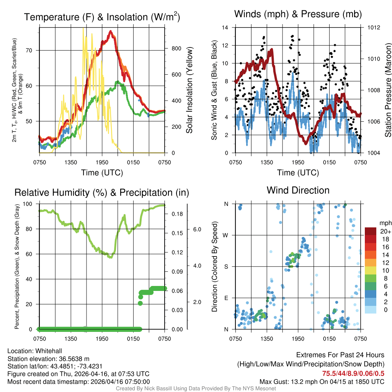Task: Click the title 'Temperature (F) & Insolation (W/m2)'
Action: click(102, 17)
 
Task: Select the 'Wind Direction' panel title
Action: click(298, 190)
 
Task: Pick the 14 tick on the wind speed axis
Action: click(225, 28)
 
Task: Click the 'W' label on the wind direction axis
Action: click(226, 235)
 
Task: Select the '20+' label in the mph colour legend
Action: click(385, 231)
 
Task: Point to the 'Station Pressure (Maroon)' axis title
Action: click(388, 90)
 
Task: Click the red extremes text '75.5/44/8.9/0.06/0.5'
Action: click(353, 374)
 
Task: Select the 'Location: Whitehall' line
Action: click(34, 351)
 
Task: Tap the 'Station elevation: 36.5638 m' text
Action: click(48, 359)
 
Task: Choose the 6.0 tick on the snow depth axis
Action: click(197, 229)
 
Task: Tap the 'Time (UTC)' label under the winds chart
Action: click(298, 173)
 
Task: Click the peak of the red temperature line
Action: click(111, 31)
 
